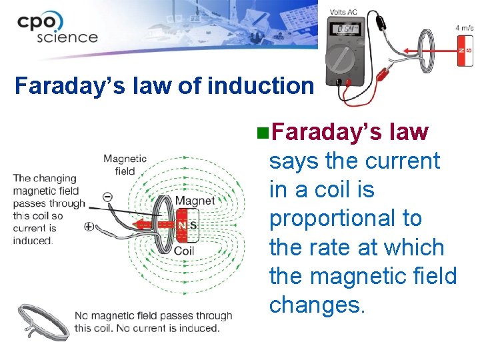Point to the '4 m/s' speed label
point(465,28)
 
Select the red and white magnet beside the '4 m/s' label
point(465,51)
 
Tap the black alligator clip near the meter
point(382,22)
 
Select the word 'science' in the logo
point(67,36)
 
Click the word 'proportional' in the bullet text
point(345,218)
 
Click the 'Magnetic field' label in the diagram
point(125,165)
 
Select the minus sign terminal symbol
point(108,197)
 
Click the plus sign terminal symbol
point(89,227)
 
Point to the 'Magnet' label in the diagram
point(195,201)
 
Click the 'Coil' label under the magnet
point(184,251)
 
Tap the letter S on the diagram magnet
point(193,226)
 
